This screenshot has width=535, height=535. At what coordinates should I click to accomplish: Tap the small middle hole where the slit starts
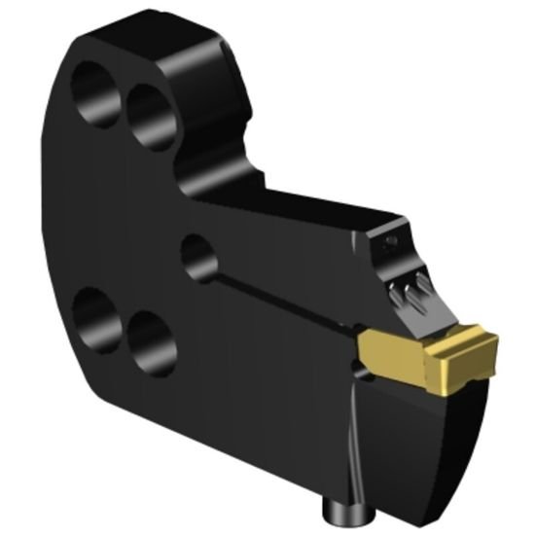pyautogui.click(x=198, y=258)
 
